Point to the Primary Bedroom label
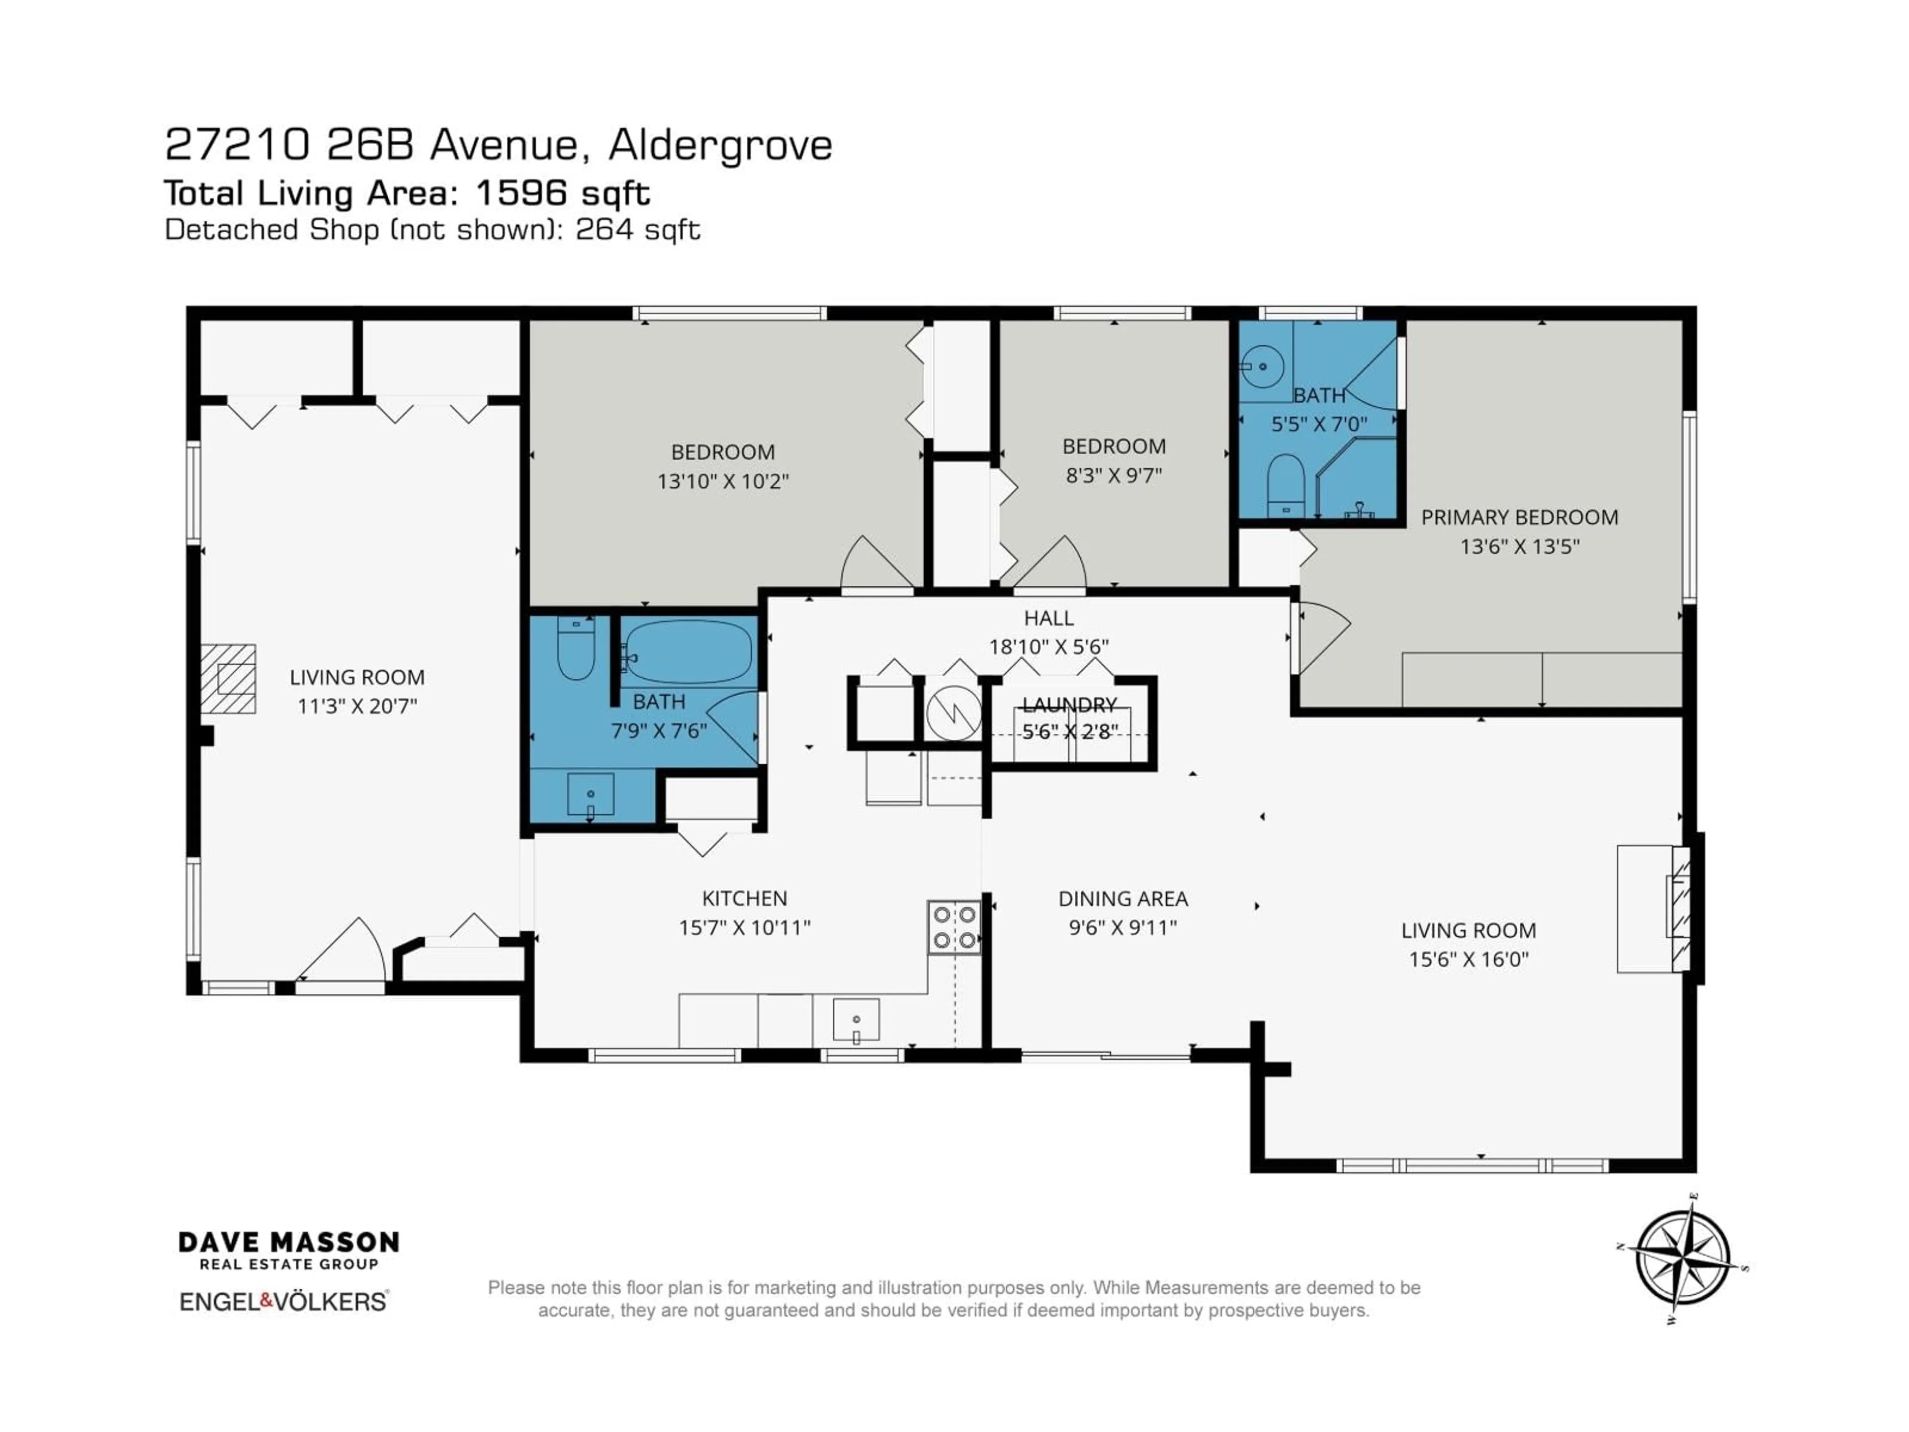click(x=1519, y=517)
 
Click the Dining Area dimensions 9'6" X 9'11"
click(x=1123, y=927)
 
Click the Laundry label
click(x=1069, y=705)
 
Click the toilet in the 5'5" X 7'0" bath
click(x=1286, y=483)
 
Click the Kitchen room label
click(x=744, y=898)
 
